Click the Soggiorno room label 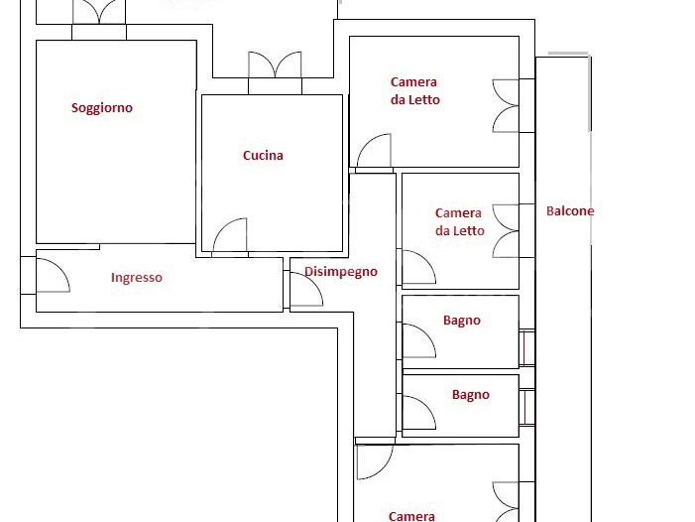102,108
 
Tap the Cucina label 263,155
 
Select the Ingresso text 137,278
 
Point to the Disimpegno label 341,272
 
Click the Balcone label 570,210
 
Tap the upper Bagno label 462,321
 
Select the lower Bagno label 471,395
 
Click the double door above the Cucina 275,65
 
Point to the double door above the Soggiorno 99,12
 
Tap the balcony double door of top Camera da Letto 506,106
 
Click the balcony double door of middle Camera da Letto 506,230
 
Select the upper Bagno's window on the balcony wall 526,348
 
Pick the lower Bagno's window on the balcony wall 526,408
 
